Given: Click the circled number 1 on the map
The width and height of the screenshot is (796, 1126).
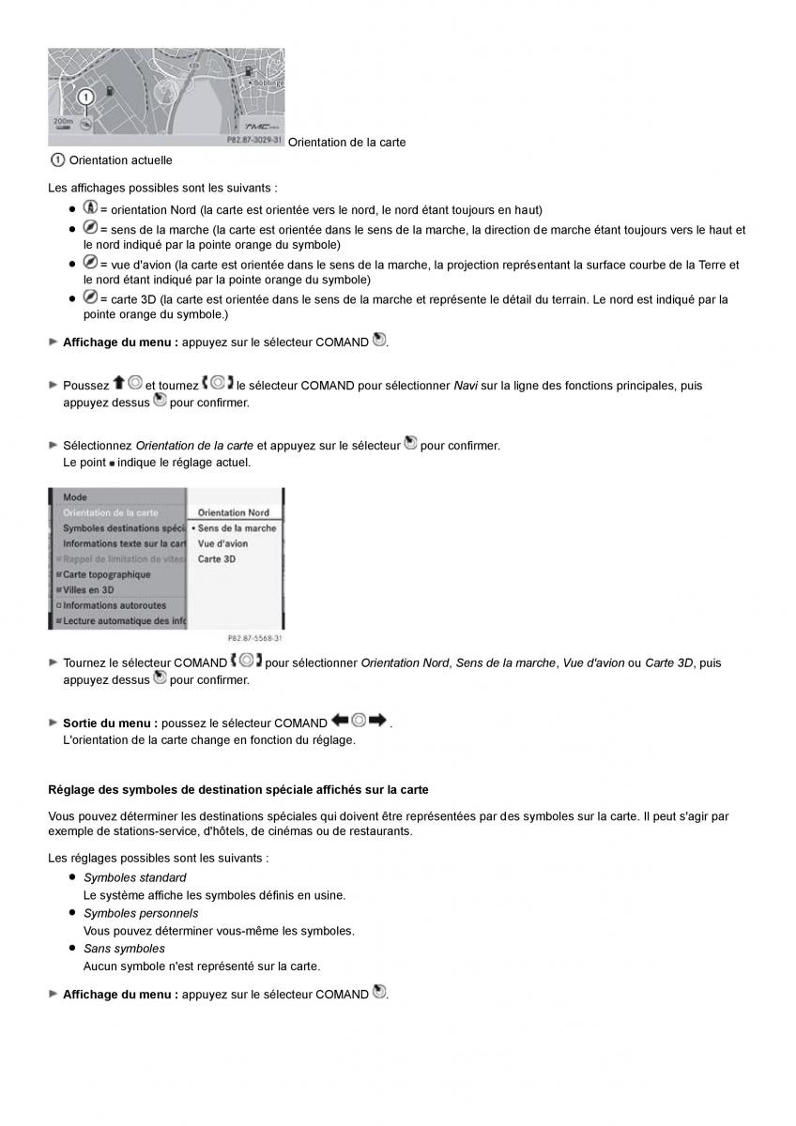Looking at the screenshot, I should click(x=85, y=97).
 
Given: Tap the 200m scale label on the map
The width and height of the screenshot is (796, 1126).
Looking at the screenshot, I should click(x=63, y=122).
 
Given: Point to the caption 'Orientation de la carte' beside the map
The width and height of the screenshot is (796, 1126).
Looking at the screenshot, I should click(x=346, y=142).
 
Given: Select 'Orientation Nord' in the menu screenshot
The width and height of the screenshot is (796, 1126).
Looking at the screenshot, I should click(x=234, y=512).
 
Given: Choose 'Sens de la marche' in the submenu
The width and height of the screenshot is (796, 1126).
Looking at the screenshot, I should click(x=237, y=528).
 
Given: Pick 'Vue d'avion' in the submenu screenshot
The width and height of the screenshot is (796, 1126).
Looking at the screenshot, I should click(x=222, y=543).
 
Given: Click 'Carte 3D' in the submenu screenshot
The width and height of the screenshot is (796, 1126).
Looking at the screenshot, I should click(x=216, y=559).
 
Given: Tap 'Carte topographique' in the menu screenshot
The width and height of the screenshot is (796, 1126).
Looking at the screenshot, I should click(x=106, y=574).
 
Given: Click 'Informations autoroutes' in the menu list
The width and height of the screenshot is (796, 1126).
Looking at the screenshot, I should click(x=114, y=605).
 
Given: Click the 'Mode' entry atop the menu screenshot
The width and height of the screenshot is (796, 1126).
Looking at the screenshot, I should click(x=75, y=497).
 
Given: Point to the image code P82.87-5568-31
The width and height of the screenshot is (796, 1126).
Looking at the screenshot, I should click(x=255, y=639).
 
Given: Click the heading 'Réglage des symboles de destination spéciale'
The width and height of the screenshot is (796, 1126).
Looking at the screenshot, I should click(x=238, y=790).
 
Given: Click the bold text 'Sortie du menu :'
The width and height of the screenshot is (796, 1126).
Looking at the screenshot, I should click(x=110, y=723).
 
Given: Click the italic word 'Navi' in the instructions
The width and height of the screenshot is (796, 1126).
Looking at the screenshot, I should click(x=466, y=386).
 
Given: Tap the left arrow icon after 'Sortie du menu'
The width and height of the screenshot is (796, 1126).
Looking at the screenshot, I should click(x=340, y=721).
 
